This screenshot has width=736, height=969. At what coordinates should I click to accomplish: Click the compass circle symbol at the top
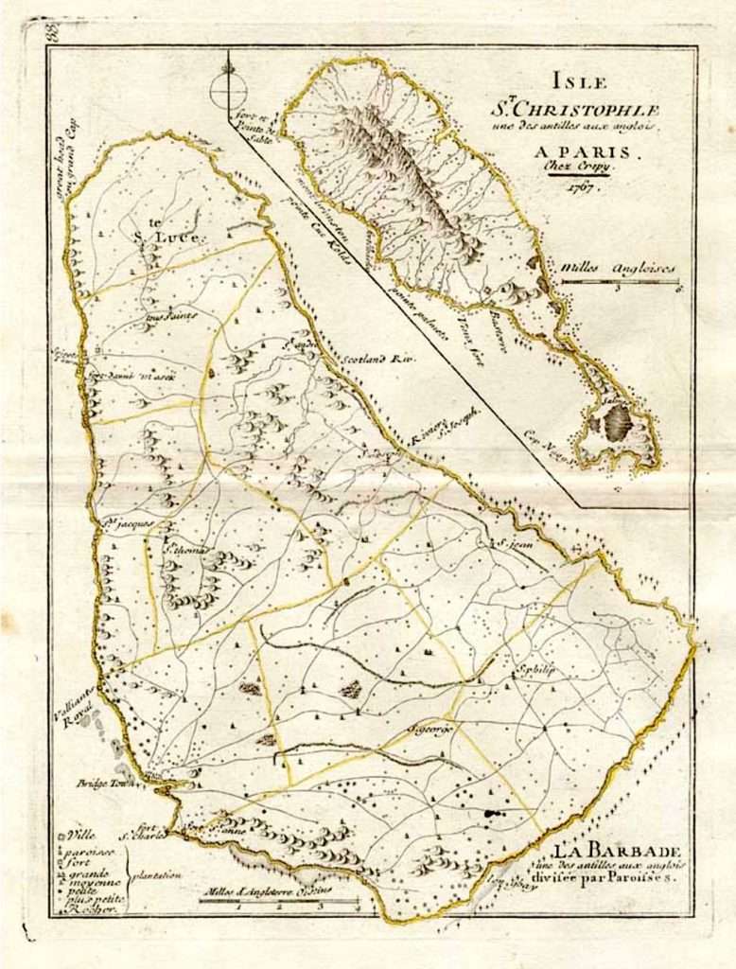pyautogui.click(x=227, y=90)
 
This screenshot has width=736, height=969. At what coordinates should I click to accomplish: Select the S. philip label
pyautogui.click(x=534, y=669)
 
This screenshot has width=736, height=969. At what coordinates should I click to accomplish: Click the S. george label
pyautogui.click(x=431, y=729)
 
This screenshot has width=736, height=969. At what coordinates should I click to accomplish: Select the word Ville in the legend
pyautogui.click(x=79, y=837)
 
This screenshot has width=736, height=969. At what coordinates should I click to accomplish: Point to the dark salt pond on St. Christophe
pyautogui.click(x=617, y=423)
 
